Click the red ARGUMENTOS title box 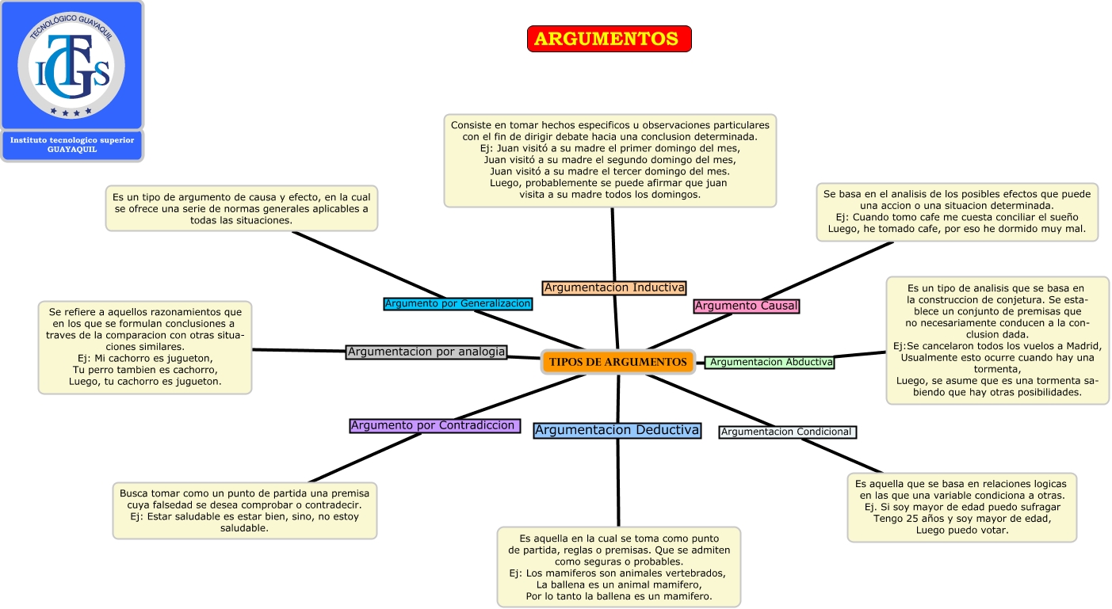[x=609, y=39]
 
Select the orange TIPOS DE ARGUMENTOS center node [x=617, y=362]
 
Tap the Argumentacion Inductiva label [x=614, y=287]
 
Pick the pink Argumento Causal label [x=747, y=306]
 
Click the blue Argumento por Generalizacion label [x=457, y=303]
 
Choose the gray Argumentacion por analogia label [x=426, y=352]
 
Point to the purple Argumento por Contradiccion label [x=434, y=425]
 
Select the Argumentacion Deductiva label [x=617, y=430]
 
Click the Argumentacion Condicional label [x=788, y=432]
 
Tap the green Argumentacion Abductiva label [x=770, y=362]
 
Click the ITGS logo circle [x=71, y=66]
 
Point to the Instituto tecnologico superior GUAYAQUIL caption [x=72, y=145]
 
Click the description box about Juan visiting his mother [x=610, y=160]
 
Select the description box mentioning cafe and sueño [x=957, y=212]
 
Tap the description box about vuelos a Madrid [x=997, y=341]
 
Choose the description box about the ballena [x=619, y=567]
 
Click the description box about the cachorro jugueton [x=145, y=347]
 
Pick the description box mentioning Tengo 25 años [x=961, y=507]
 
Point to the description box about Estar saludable [x=244, y=511]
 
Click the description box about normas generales [x=242, y=208]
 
